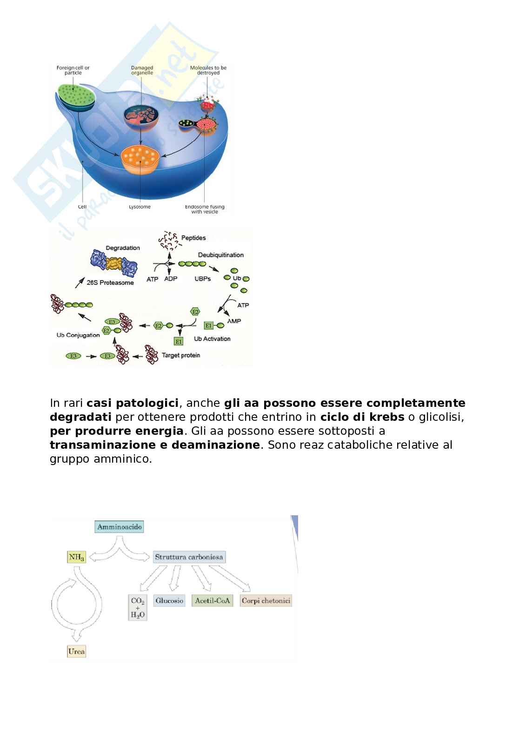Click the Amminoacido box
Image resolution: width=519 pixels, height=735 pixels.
tap(120, 527)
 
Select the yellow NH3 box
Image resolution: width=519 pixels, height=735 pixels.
tap(77, 557)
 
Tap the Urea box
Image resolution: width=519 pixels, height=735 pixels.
tap(77, 651)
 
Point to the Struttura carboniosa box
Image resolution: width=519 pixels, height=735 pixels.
tap(189, 557)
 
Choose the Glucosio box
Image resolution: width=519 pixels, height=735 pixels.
tap(169, 600)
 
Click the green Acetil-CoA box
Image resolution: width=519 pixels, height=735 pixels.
tap(212, 600)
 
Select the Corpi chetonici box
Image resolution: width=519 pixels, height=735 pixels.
tap(266, 600)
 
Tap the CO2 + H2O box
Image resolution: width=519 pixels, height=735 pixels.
tap(138, 607)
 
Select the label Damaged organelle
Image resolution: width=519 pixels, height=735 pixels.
tap(142, 70)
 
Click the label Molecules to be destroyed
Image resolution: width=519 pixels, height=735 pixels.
tap(208, 70)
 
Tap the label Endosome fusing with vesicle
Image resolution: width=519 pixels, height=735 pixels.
tap(205, 209)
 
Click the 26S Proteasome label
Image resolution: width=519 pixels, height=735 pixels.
tap(110, 283)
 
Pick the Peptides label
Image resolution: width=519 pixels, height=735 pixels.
tap(193, 238)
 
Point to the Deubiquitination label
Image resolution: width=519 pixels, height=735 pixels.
tap(220, 255)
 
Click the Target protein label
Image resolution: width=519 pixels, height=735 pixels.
tap(181, 355)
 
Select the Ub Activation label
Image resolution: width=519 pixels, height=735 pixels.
tap(212, 339)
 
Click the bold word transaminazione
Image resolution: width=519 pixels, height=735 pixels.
tap(102, 445)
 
